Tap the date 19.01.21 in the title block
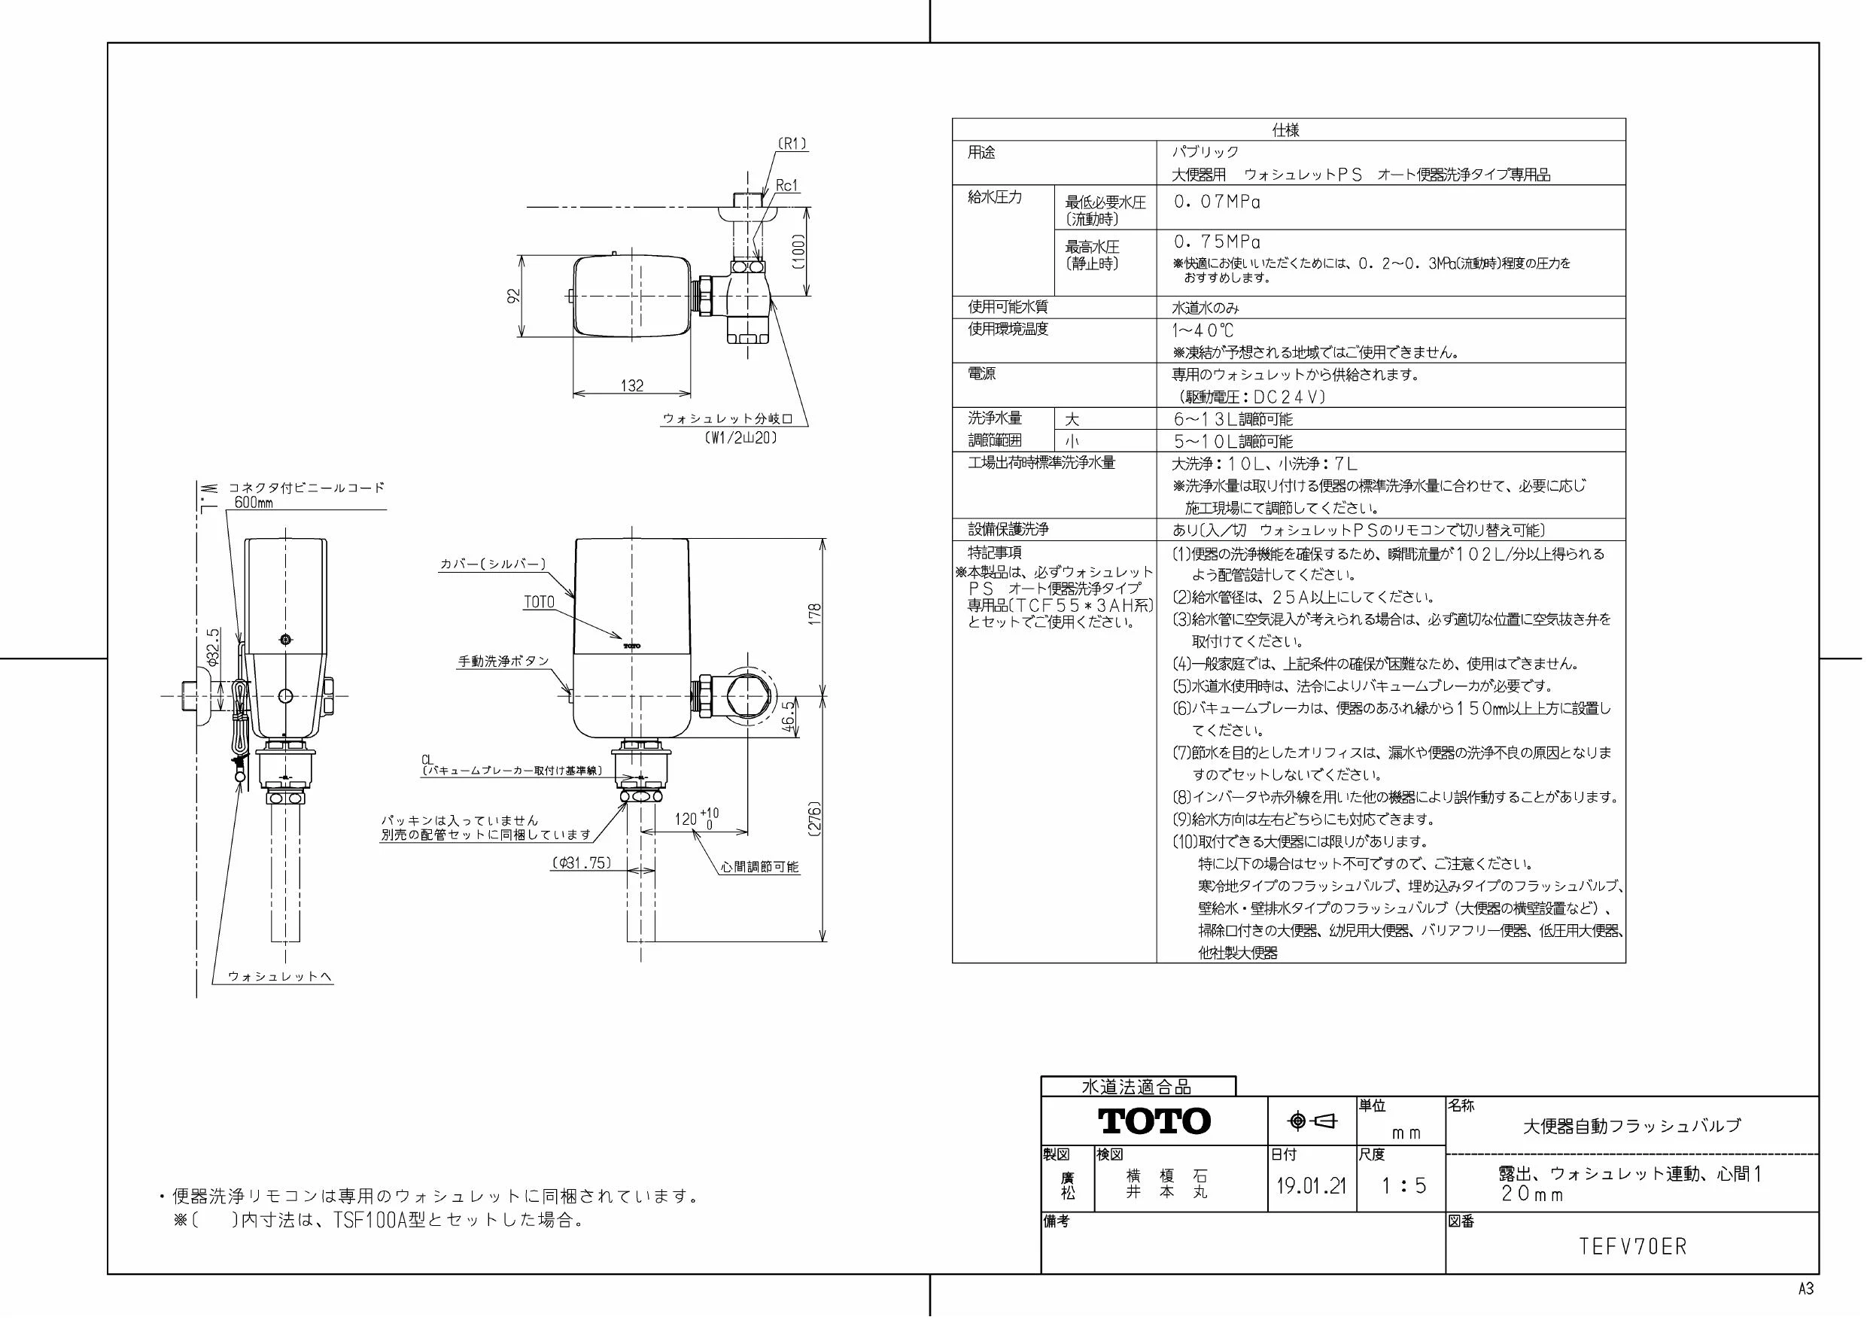pos(1311,1186)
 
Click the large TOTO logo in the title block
pos(1154,1121)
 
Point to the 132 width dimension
pos(632,385)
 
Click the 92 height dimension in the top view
pos(513,296)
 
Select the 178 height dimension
pos(816,613)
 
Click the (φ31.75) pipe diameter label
pos(582,863)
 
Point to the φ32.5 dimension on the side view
pos(213,647)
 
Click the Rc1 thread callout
pos(787,185)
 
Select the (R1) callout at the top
pos(791,144)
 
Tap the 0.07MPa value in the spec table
pos(1217,202)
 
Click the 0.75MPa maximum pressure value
pos(1217,242)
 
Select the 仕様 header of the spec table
pos(1285,130)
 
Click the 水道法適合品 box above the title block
pos(1137,1087)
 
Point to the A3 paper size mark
pos(1805,1289)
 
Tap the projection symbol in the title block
pos(1312,1121)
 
